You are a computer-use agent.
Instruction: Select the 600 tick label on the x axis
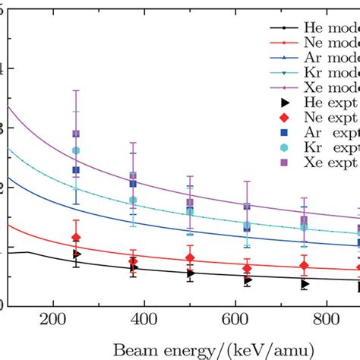[x=235, y=319]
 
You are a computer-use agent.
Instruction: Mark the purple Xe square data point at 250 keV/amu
[x=76, y=134]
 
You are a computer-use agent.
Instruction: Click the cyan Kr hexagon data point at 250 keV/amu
[x=76, y=151]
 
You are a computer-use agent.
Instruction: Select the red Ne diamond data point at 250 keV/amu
[x=76, y=238]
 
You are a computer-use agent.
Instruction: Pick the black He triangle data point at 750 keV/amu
[x=305, y=283]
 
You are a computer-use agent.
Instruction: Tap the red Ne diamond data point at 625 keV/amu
[x=247, y=268]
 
